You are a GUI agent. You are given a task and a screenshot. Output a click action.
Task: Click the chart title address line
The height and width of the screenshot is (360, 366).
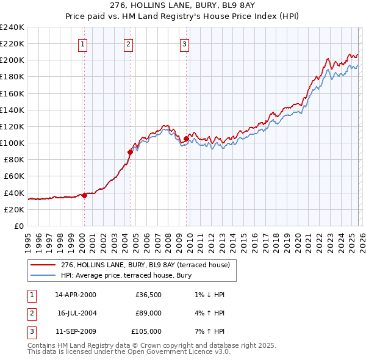point(182,5)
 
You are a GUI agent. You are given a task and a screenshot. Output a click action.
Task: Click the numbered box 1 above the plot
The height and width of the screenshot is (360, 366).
point(82,43)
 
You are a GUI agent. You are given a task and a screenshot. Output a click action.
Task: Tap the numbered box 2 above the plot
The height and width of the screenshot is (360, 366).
point(128,43)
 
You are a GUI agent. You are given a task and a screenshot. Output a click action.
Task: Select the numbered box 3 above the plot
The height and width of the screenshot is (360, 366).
point(184,43)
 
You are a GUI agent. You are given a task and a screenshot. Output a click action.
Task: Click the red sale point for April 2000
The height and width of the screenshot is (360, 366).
point(84,196)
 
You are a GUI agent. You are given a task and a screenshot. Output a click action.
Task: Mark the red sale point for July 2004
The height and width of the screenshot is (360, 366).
point(130,152)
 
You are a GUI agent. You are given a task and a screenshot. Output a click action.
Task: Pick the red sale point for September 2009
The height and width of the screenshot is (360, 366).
point(185,139)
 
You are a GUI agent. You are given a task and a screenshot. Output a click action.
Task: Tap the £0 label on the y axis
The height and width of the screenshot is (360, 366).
point(18,226)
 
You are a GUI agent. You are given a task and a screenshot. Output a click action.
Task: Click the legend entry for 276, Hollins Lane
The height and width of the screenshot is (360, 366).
point(145,265)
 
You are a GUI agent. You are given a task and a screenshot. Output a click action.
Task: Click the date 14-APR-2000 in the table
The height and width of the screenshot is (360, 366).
point(75,295)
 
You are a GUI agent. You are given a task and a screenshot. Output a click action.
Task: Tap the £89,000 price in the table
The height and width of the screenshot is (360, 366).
point(148,313)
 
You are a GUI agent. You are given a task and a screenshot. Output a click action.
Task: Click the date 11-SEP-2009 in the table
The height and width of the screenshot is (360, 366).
point(75,331)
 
